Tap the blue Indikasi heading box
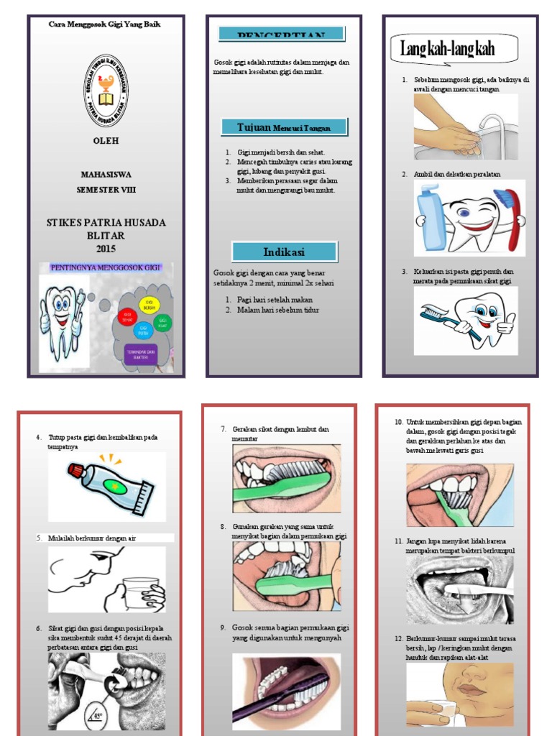(284, 252)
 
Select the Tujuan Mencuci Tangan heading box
(283, 127)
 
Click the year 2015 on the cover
(106, 249)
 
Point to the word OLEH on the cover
(106, 141)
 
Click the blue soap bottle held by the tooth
(433, 217)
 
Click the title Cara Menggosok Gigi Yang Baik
(104, 24)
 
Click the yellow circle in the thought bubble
(149, 303)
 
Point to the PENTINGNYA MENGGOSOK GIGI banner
(106, 268)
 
